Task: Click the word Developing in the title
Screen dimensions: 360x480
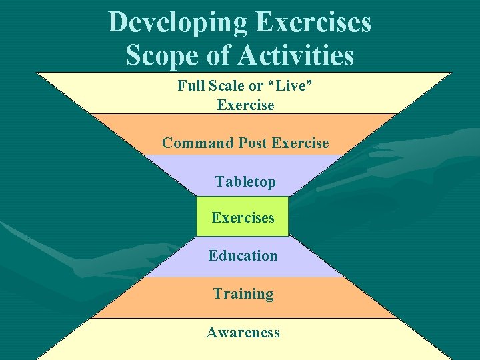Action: point(178,22)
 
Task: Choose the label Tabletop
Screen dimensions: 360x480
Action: point(245,182)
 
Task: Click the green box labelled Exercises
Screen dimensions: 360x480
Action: point(243,217)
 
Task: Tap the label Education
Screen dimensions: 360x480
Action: point(243,256)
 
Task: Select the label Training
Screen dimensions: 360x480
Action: point(243,294)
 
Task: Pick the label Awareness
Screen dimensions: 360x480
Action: point(243,332)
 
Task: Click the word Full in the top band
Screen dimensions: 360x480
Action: point(191,85)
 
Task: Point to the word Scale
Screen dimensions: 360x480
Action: point(227,85)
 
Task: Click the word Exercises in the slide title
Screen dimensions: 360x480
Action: point(313,22)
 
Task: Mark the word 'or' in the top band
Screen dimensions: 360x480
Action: point(256,85)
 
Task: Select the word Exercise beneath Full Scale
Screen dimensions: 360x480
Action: point(245,105)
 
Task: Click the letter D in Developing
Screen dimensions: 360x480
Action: point(118,22)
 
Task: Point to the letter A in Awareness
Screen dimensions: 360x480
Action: point(211,332)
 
